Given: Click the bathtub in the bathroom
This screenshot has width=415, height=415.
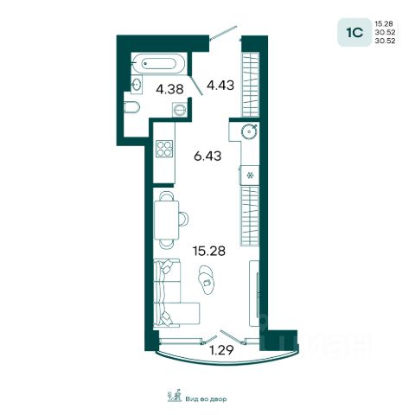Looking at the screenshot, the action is tap(158, 63).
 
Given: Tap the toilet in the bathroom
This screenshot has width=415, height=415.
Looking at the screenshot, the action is tap(131, 107).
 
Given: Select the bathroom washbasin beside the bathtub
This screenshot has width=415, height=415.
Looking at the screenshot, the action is tap(137, 85).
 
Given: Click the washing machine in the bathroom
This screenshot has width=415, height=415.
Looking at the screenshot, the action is tap(180, 110).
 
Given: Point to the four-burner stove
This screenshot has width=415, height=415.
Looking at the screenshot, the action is tap(164, 149).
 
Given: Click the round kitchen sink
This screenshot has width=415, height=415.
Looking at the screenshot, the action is tap(248, 131).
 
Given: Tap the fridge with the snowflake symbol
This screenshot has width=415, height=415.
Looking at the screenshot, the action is tap(250, 175).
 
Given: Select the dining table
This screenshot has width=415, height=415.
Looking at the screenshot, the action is tap(167, 220).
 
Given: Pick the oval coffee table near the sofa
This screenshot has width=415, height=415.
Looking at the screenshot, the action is tap(207, 279).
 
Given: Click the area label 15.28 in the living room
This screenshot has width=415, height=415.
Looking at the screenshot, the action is tap(209, 251).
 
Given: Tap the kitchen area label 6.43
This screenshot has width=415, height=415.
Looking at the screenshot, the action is tap(207, 156).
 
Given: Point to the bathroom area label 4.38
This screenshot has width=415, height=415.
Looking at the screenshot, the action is tap(169, 89).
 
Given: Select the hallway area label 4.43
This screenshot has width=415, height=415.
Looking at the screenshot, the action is tap(220, 86).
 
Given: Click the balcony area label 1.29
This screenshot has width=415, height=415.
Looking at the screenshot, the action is tap(221, 350).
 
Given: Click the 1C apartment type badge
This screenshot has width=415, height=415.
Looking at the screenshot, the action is tap(354, 32).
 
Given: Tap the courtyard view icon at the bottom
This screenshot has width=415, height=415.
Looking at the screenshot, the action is tap(175, 396).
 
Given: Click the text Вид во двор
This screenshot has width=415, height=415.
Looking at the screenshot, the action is tap(206, 399).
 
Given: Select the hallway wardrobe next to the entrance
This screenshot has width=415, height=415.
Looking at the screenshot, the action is tap(250, 84).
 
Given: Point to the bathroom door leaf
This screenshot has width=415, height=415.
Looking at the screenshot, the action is tap(196, 86).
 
